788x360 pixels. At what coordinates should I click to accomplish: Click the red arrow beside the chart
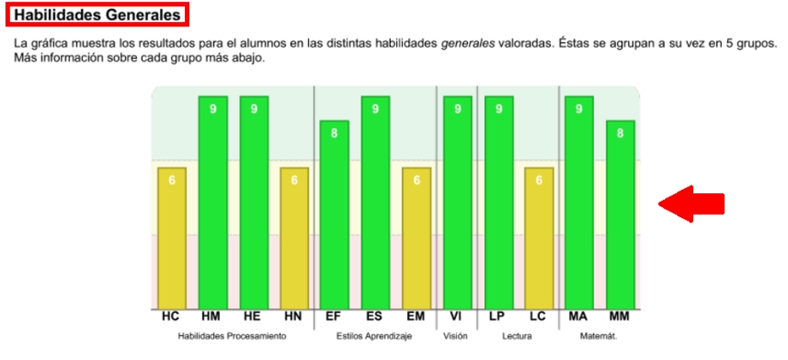coord(691,204)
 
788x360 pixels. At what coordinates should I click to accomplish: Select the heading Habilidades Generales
coord(98,15)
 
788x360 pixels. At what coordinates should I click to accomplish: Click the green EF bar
coord(334,215)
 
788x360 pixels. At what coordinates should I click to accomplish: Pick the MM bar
coord(620,215)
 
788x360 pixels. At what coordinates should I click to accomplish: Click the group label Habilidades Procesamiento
coord(232,337)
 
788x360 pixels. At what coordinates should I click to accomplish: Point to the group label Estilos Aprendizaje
coord(375,337)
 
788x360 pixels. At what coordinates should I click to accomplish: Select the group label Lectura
coord(517,337)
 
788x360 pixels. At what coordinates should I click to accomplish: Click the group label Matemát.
coord(600,337)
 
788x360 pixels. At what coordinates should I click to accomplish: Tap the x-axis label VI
coord(457,317)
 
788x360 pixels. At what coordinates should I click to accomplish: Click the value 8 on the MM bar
coord(620,133)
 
